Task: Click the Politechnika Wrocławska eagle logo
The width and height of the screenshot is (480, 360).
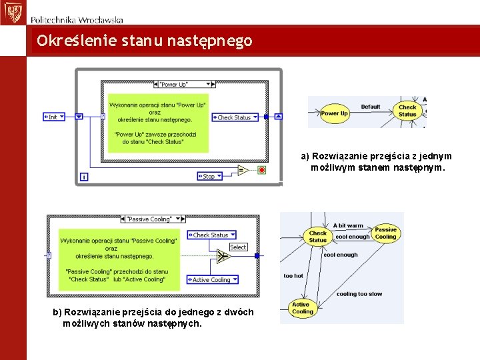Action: (12, 12)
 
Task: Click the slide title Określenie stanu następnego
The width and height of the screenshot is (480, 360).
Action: (145, 41)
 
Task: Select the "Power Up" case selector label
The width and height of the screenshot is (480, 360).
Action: (175, 84)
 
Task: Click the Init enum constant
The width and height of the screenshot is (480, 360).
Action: (53, 117)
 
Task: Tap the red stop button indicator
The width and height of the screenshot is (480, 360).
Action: (261, 170)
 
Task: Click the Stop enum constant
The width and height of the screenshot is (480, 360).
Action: (210, 176)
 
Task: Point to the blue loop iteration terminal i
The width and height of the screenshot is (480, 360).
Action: (83, 177)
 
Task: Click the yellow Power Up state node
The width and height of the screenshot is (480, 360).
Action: (335, 113)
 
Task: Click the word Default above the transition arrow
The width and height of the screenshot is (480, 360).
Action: (371, 107)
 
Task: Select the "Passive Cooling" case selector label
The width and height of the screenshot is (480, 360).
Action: (149, 219)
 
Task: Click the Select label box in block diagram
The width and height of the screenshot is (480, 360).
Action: (238, 247)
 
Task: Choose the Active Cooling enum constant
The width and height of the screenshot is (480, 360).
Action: (212, 280)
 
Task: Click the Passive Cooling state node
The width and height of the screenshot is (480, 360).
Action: (385, 233)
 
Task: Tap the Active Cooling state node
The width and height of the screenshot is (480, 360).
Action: (302, 308)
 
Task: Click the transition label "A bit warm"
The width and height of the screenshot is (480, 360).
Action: (349, 225)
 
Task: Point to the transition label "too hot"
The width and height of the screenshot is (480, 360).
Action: (293, 275)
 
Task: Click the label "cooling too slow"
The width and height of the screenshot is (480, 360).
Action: (359, 294)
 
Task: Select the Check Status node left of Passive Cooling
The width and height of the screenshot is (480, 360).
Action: (318, 237)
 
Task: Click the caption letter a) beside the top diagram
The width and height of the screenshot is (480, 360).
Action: (305, 157)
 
